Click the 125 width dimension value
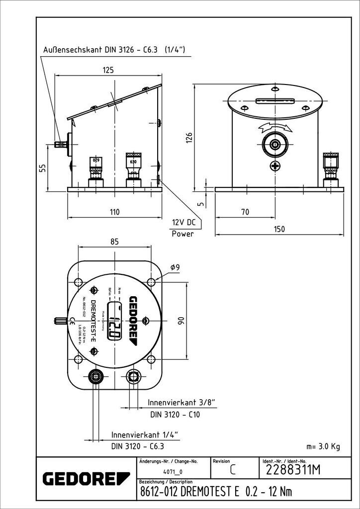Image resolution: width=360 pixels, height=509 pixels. coord(108,71)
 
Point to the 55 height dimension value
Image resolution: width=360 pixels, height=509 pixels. coord(43,169)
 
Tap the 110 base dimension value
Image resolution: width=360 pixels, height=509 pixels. coord(114,212)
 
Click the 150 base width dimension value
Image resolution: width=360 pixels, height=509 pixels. coord(279,229)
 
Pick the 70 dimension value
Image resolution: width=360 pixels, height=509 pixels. coord(245,212)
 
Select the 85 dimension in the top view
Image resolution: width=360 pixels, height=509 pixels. coord(114,242)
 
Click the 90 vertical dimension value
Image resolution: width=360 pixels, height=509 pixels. coord(182,320)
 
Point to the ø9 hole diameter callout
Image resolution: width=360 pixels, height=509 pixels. coord(175,268)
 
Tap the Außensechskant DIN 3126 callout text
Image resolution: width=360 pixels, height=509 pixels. coord(114,50)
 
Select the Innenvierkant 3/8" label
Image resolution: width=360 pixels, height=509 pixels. coord(181,402)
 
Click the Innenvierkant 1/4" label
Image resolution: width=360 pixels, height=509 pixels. coord(144,434)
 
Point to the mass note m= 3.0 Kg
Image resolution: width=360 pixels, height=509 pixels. coord(323,446)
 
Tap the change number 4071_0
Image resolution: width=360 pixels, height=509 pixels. coord(173,472)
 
